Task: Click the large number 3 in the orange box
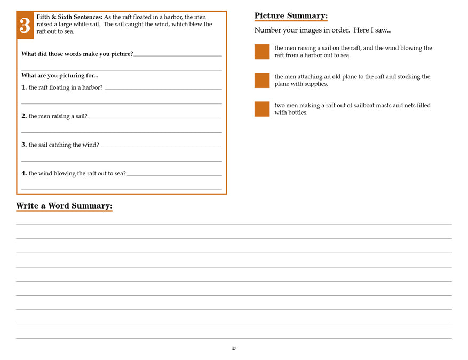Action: [x=25, y=26]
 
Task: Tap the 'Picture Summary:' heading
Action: [x=291, y=15]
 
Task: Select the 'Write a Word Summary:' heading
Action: [x=64, y=206]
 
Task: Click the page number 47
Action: [x=234, y=348]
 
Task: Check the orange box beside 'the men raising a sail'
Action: [x=262, y=52]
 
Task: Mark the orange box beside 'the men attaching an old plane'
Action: [x=262, y=81]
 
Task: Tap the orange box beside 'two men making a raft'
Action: [x=262, y=109]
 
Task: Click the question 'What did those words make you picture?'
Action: [x=77, y=54]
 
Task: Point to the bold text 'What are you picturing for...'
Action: [x=60, y=75]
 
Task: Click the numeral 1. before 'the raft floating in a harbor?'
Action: [x=24, y=87]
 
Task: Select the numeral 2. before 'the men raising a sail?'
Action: [x=24, y=116]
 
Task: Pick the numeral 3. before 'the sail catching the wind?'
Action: [x=24, y=145]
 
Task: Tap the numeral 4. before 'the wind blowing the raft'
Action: [x=24, y=173]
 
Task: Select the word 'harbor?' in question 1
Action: [x=92, y=87]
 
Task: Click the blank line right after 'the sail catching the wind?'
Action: [x=161, y=146]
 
